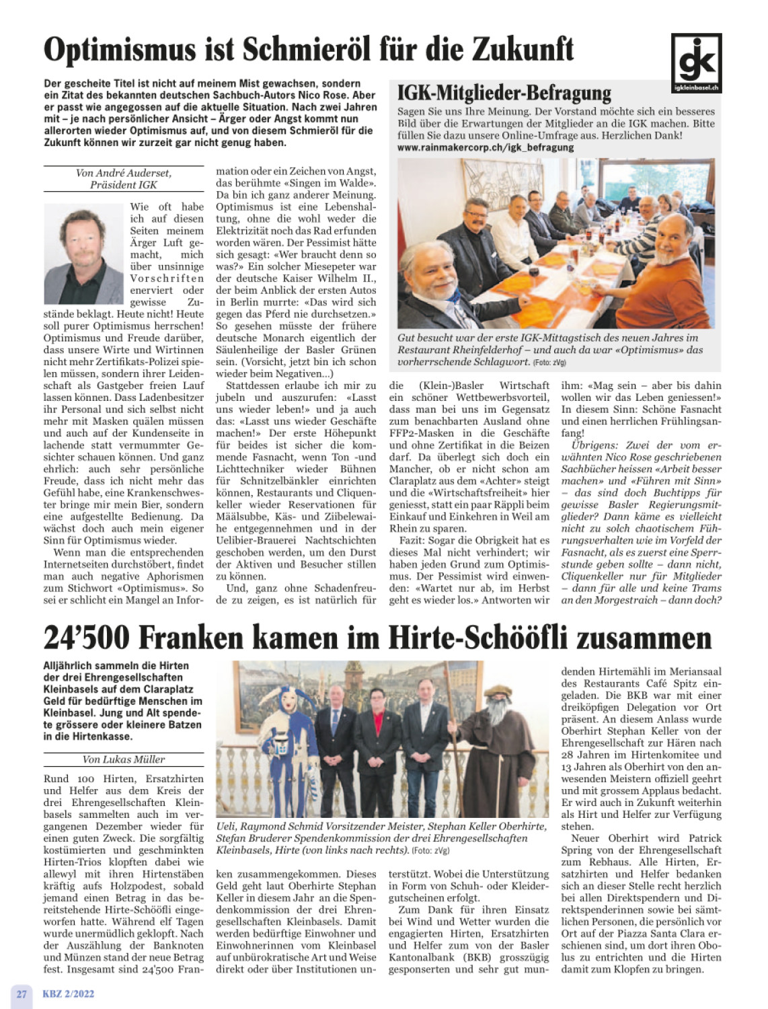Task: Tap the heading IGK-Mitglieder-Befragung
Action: point(504,92)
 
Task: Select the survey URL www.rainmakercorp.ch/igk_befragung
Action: point(485,147)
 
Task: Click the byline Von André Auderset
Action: point(124,173)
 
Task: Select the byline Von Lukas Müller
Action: point(124,759)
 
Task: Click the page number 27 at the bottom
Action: point(22,994)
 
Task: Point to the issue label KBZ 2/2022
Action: point(69,994)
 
